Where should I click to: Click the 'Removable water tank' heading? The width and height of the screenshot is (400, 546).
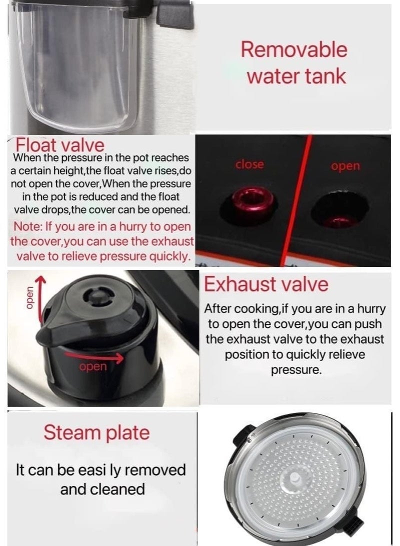293,63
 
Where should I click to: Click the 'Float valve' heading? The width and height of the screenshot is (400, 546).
60,145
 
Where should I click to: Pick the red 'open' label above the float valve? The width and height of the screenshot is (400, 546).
345,166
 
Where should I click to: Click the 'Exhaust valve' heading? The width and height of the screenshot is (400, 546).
266,284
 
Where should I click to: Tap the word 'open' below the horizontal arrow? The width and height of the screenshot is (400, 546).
93,367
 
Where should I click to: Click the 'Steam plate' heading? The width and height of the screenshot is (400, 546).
96,432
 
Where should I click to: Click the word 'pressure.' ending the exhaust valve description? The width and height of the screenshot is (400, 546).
295,370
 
